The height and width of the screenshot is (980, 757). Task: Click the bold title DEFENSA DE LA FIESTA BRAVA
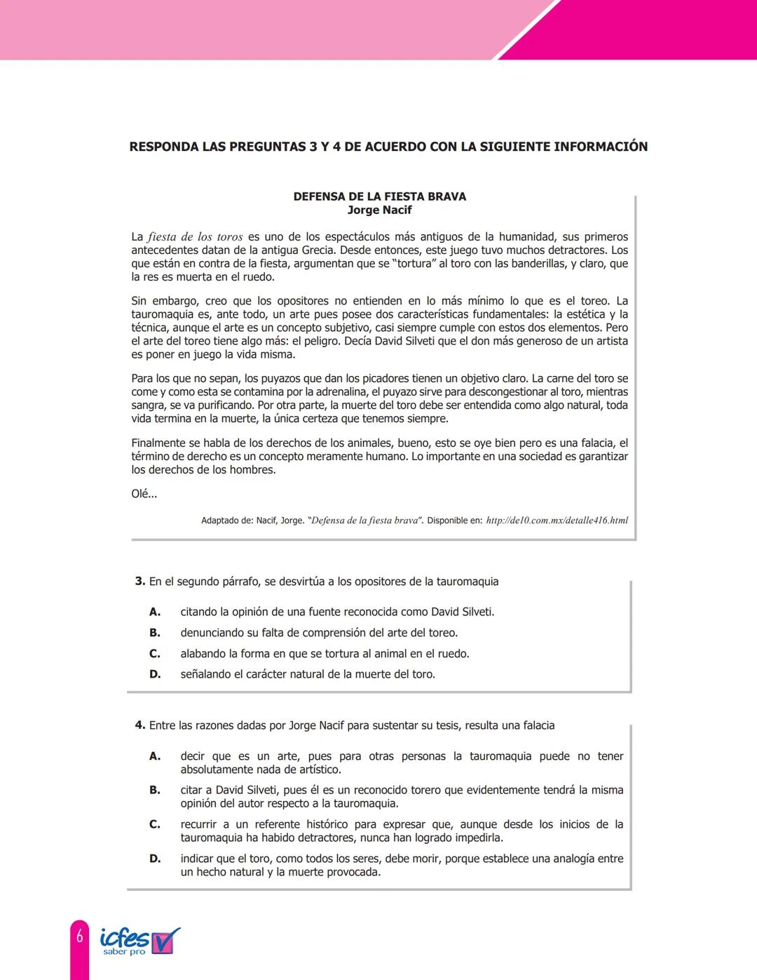pos(379,196)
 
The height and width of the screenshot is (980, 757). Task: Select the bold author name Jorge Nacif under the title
pos(379,210)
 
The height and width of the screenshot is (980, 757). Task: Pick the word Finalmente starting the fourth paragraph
pos(158,443)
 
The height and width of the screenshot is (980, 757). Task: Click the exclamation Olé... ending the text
pos(144,494)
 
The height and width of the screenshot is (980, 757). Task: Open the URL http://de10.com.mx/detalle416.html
pos(557,521)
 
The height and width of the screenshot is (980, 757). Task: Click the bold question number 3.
pos(139,582)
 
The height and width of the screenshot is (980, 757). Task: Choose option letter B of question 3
pos(155,633)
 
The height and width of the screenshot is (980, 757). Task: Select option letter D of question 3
pos(155,674)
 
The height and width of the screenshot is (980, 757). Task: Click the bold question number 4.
pos(139,725)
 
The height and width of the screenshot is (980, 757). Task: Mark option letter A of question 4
pos(155,756)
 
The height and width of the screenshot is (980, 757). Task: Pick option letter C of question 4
pos(155,824)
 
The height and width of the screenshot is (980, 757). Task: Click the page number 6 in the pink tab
pos(80,936)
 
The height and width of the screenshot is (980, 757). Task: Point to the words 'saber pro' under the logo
pos(124,952)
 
